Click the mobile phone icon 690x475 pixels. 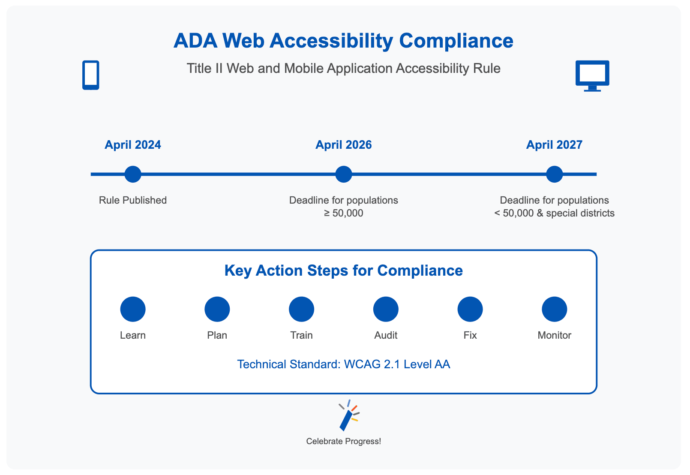(90, 75)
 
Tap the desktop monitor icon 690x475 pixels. (592, 76)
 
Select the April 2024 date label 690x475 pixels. (133, 145)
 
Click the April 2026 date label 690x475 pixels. (343, 145)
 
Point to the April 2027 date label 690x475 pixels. (554, 145)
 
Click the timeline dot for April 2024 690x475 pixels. (133, 174)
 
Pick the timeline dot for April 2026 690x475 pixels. (343, 174)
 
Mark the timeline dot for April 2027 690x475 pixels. (554, 174)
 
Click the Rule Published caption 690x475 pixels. (133, 200)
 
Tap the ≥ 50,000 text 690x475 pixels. (343, 213)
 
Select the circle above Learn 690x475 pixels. (133, 309)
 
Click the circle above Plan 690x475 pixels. (217, 309)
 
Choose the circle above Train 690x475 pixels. (301, 309)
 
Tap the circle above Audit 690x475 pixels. (386, 309)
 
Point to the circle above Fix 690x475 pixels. (470, 309)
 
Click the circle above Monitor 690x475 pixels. (554, 309)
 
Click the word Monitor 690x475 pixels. (554, 335)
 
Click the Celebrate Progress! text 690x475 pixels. (343, 442)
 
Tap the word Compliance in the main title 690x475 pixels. (456, 41)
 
